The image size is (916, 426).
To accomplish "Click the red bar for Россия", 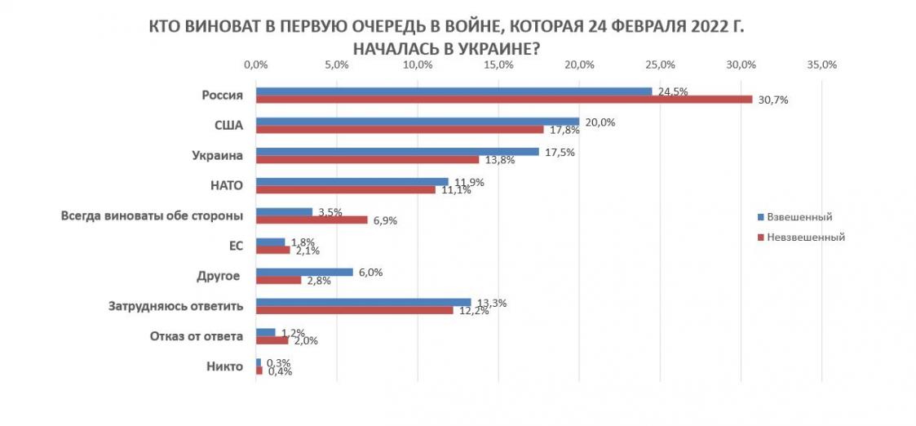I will (x=503, y=100).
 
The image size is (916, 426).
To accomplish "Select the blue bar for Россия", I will (x=454, y=91).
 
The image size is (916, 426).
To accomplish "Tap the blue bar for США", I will (x=417, y=122).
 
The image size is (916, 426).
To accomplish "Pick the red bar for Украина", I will (x=367, y=159).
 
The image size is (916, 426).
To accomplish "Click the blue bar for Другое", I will (x=304, y=272).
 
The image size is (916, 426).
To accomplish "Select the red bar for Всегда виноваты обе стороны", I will (x=312, y=220).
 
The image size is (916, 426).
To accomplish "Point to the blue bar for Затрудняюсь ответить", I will (x=363, y=302).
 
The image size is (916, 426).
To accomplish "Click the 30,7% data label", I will (x=772, y=100).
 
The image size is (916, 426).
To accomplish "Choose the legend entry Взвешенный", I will (x=798, y=217).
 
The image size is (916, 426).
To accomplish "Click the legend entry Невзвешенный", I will (x=804, y=237).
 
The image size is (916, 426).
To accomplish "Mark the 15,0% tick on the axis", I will (x=498, y=65).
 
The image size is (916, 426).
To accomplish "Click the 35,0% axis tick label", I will (x=821, y=65).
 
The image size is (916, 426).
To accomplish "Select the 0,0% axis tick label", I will (x=256, y=65).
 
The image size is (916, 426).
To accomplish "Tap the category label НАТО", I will (x=226, y=185).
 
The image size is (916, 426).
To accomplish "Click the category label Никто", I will (x=225, y=367).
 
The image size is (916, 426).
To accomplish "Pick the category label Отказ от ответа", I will (x=197, y=336).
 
